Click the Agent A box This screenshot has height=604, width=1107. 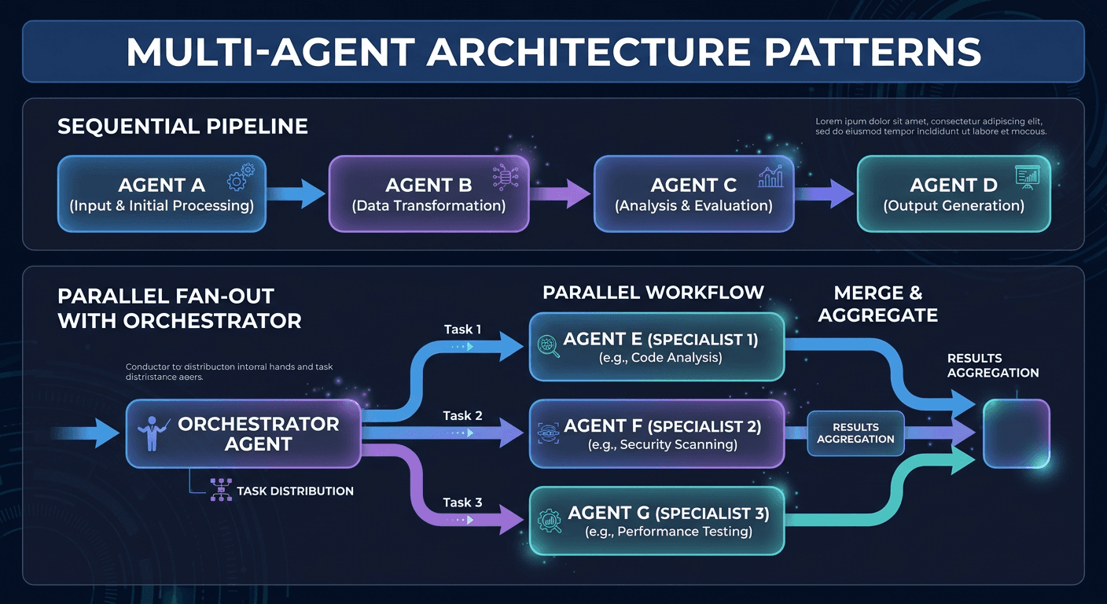(x=161, y=194)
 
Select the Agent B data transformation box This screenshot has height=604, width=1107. (x=428, y=194)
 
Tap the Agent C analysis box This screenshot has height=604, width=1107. (x=693, y=194)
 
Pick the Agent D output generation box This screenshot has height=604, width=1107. (x=953, y=194)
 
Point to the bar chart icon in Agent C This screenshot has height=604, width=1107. (x=770, y=177)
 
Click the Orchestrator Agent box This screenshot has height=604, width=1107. (x=244, y=434)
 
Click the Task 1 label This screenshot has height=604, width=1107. (x=462, y=330)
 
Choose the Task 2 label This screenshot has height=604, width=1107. (x=462, y=415)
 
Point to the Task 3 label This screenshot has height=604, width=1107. (x=462, y=502)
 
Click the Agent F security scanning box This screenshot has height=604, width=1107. (x=656, y=434)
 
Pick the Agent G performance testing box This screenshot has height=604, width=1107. (x=656, y=521)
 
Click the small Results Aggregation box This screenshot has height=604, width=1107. (x=855, y=433)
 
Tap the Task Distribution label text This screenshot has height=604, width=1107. (x=295, y=491)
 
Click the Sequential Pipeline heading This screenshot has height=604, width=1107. (x=182, y=127)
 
